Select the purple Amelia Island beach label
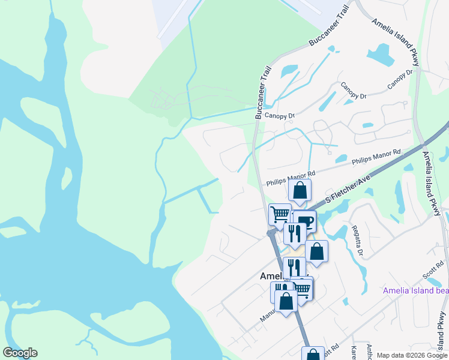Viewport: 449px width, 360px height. pyautogui.click(x=415, y=291)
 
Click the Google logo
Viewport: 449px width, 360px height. pyautogui.click(x=20, y=353)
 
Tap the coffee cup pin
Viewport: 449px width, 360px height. pyautogui.click(x=306, y=221)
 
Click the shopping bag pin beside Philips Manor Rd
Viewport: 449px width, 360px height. pyautogui.click(x=300, y=191)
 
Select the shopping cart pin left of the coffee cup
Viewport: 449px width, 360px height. pyautogui.click(x=279, y=214)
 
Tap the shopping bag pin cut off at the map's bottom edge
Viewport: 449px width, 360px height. pyautogui.click(x=313, y=354)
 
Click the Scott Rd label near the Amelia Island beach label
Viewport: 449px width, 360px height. pyautogui.click(x=432, y=270)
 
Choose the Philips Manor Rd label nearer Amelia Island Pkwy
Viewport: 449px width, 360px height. pyautogui.click(x=376, y=158)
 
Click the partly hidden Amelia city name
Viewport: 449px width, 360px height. pyautogui.click(x=271, y=276)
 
